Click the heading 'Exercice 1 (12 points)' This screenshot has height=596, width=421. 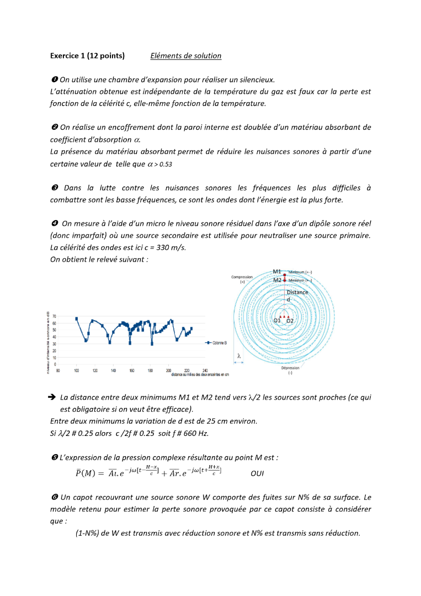coord(87,56)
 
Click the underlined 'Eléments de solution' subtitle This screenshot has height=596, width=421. coord(185,56)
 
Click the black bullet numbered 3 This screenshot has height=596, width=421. coord(54,188)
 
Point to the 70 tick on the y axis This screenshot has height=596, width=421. coord(54,317)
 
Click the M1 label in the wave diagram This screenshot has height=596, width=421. coord(277,272)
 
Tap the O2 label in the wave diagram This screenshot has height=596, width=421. coord(290,321)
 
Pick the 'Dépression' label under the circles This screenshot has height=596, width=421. coord(290,368)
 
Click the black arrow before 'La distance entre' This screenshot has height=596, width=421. coord(53,397)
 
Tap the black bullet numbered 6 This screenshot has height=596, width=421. coord(54,497)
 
